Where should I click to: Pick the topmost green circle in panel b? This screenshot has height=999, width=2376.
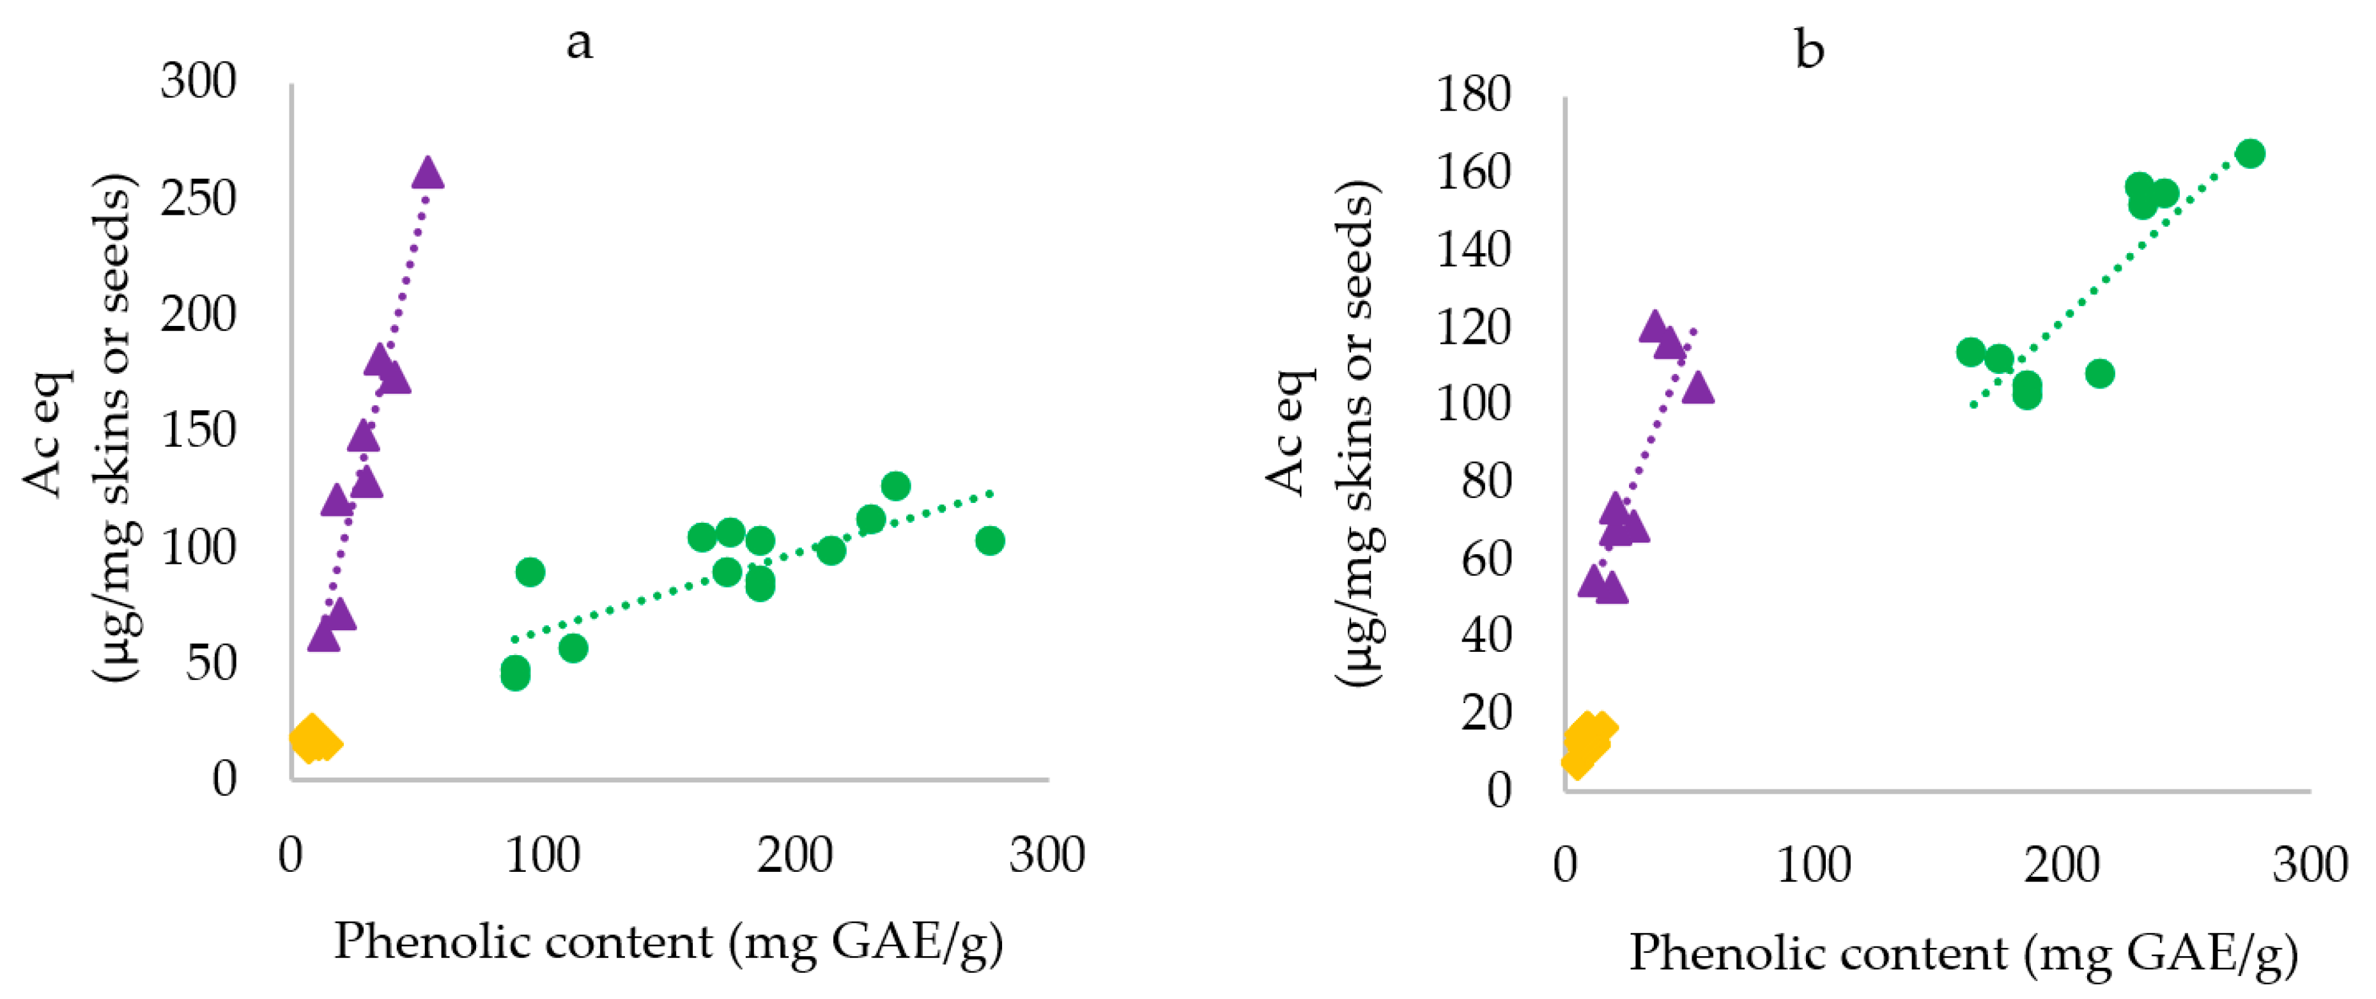(2251, 154)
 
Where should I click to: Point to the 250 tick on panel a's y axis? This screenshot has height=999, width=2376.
(198, 198)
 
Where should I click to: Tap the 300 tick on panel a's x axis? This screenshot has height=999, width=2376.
(1047, 855)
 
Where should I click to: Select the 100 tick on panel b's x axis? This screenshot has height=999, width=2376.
(1814, 865)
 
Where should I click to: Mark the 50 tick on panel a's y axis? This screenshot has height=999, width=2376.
(212, 663)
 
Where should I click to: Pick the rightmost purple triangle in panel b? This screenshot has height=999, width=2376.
(1698, 389)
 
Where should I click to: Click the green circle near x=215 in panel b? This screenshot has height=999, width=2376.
(2100, 375)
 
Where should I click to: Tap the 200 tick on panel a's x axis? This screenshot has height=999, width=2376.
(794, 855)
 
